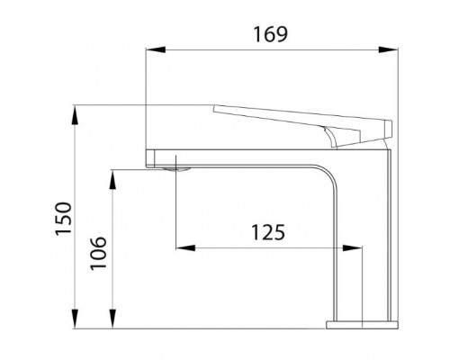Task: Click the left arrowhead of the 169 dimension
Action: coord(149,50)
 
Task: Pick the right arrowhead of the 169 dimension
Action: coord(393,50)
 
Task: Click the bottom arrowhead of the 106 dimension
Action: coord(112,318)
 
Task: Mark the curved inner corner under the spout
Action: coord(329,176)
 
